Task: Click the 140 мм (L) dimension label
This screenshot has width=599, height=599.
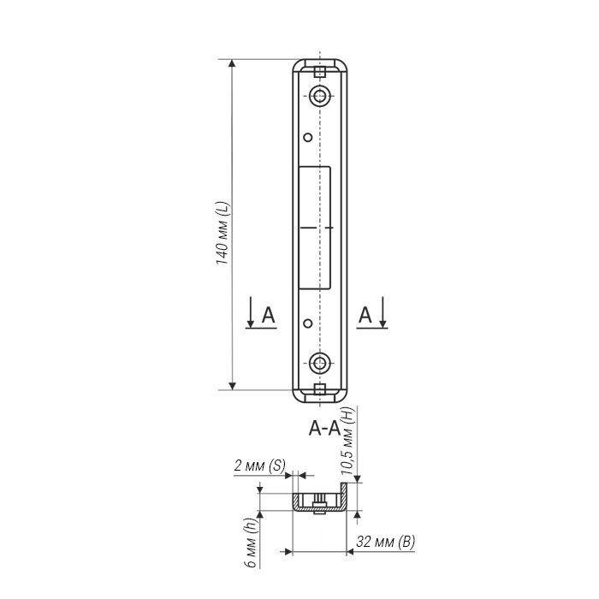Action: [x=222, y=233]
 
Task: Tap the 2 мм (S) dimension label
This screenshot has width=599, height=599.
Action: [x=259, y=466]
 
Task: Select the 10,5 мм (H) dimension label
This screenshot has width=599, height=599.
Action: [x=347, y=441]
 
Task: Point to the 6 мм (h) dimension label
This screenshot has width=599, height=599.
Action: [x=251, y=543]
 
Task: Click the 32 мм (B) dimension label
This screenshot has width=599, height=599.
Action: [x=385, y=542]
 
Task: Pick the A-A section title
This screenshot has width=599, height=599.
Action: [x=324, y=429]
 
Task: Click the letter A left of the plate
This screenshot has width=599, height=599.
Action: [x=268, y=316]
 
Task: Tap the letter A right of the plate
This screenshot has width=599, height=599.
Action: [x=365, y=316]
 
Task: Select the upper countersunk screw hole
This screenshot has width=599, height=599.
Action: [x=320, y=96]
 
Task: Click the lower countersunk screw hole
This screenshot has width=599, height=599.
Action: [x=320, y=363]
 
